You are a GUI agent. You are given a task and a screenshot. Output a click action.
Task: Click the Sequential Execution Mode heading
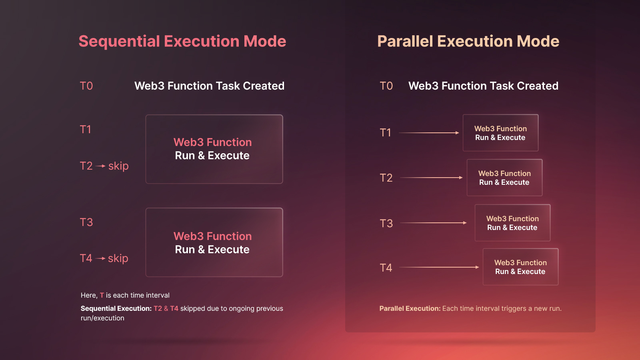point(182,42)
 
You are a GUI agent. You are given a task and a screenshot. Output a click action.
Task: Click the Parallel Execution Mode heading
point(468,42)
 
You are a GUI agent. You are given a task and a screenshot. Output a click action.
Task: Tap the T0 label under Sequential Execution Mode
point(86,86)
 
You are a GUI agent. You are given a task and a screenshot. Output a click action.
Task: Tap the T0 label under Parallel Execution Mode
point(386,86)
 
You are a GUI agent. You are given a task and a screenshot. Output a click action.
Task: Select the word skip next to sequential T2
point(118,166)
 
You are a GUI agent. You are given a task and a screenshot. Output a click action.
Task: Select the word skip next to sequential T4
point(118,258)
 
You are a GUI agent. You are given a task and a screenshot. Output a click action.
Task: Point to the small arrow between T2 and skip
point(100,166)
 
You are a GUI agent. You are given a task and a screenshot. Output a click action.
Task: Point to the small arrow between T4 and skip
point(100,258)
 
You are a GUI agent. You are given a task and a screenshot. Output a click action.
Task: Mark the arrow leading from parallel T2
point(431,178)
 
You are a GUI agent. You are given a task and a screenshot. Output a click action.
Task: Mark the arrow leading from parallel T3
point(433,223)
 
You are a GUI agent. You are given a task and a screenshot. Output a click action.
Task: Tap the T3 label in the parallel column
point(386,224)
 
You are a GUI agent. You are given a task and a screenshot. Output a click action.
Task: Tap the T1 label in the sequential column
point(86,130)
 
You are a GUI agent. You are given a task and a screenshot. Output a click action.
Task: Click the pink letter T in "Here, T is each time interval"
point(102,296)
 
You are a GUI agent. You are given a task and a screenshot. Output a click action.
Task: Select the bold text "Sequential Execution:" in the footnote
point(116,308)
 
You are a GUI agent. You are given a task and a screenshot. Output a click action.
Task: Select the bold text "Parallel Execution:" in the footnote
point(410,308)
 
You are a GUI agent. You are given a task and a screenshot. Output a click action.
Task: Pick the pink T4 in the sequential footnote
point(174,308)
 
